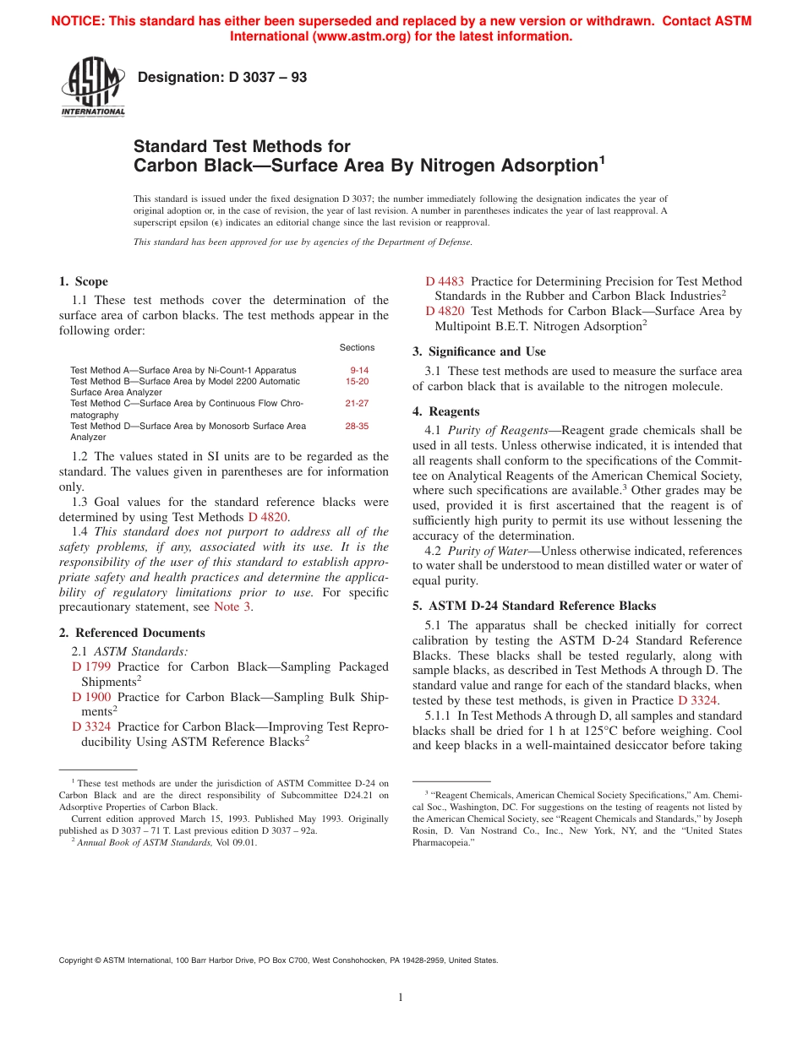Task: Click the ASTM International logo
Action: (x=92, y=88)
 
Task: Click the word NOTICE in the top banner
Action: (x=79, y=22)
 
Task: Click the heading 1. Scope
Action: (x=83, y=281)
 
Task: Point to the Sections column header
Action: (x=357, y=347)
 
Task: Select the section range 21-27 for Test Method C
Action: (x=357, y=404)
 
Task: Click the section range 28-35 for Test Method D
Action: (x=357, y=427)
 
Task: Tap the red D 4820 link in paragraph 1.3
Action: (x=268, y=516)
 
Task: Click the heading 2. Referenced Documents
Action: (x=132, y=633)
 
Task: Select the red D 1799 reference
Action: (x=91, y=666)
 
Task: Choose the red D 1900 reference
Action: (x=91, y=697)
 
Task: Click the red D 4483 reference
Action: (x=445, y=281)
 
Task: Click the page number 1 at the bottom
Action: (x=401, y=998)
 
